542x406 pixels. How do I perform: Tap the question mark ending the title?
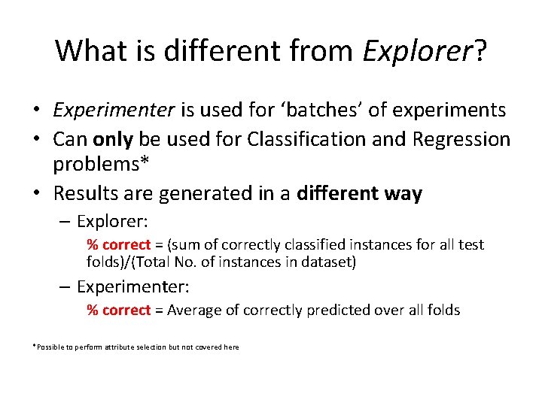pos(479,51)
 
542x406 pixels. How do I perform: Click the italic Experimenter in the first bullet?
pos(114,111)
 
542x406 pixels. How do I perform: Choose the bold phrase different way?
pos(360,193)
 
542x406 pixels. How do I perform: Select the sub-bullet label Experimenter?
pos(133,286)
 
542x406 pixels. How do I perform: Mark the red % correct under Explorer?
pos(119,244)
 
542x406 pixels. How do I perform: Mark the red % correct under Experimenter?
pos(119,310)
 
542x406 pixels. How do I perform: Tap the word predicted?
pos(329,310)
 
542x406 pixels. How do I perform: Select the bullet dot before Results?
pos(36,194)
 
